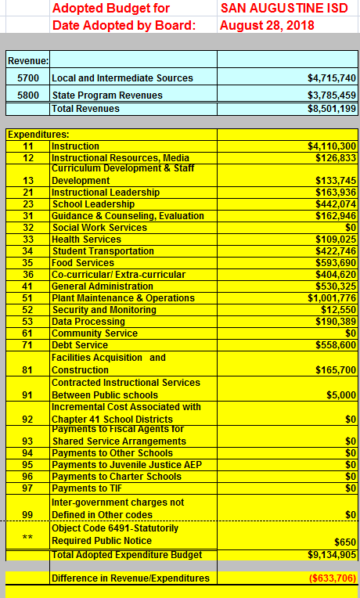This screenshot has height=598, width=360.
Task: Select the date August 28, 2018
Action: [x=267, y=25]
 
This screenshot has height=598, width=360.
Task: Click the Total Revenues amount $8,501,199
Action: [x=332, y=109]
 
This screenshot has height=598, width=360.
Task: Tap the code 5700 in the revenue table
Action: [x=28, y=78]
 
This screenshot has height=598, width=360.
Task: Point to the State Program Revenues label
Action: [x=107, y=95]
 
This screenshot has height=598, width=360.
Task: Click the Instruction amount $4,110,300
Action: [x=332, y=146]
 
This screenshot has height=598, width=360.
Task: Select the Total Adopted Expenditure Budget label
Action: [x=127, y=555]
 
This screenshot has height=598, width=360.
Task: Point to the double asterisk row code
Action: [x=27, y=537]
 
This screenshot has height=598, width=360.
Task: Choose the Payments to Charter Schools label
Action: [x=116, y=477]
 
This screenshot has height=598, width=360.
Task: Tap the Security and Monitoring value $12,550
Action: [x=340, y=310]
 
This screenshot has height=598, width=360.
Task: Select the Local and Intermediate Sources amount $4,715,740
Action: [x=332, y=78]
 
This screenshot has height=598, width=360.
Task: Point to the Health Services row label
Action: [x=86, y=240]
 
